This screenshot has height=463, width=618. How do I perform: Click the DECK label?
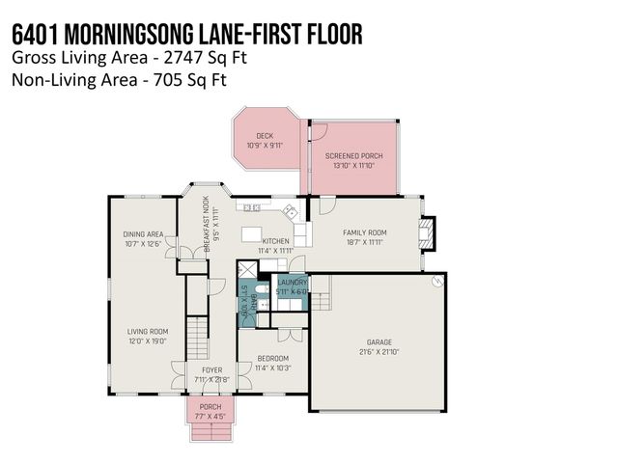(265, 136)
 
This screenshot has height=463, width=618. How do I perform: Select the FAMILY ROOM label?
(365, 232)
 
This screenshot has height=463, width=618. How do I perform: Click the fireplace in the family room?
(429, 231)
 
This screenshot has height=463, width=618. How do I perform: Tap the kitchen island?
(252, 234)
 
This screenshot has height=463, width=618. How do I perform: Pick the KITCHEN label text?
(277, 241)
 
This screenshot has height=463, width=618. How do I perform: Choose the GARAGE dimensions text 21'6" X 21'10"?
(378, 351)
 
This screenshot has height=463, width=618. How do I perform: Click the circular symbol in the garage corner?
(437, 282)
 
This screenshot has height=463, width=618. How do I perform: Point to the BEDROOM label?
(272, 358)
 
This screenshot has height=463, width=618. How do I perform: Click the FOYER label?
(211, 369)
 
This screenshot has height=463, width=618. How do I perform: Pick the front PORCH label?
(210, 407)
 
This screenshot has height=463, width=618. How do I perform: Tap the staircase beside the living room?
(198, 339)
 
